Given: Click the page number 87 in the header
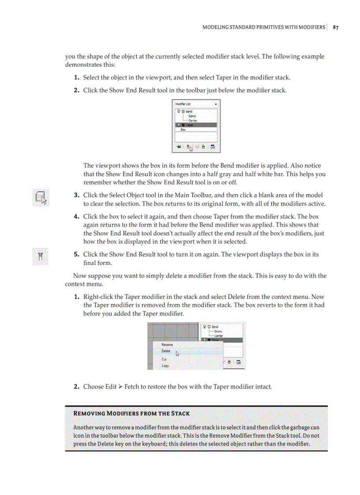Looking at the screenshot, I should point(336,27).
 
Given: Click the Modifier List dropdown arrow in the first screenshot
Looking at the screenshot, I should point(216,104).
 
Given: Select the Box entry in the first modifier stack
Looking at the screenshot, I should point(183,130).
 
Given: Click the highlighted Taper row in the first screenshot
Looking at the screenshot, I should point(196,125).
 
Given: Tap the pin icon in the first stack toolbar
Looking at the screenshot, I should point(179,147).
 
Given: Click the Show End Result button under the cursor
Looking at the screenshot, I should point(188,147).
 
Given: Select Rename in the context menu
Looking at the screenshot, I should point(167,345).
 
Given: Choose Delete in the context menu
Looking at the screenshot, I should point(166,351).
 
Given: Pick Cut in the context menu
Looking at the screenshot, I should point(164,359).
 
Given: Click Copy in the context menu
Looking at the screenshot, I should point(165,365).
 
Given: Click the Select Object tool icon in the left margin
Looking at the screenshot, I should point(41,198).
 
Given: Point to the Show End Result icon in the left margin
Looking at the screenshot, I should point(40,257).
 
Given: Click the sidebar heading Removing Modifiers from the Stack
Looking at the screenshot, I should point(131,413).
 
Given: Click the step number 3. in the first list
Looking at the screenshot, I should point(76,195).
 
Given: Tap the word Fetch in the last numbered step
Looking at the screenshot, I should point(132,387).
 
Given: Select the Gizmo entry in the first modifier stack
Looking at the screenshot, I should point(192,116).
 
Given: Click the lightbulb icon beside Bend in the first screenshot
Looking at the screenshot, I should point(178,112).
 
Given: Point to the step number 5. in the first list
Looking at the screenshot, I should point(76,255).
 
